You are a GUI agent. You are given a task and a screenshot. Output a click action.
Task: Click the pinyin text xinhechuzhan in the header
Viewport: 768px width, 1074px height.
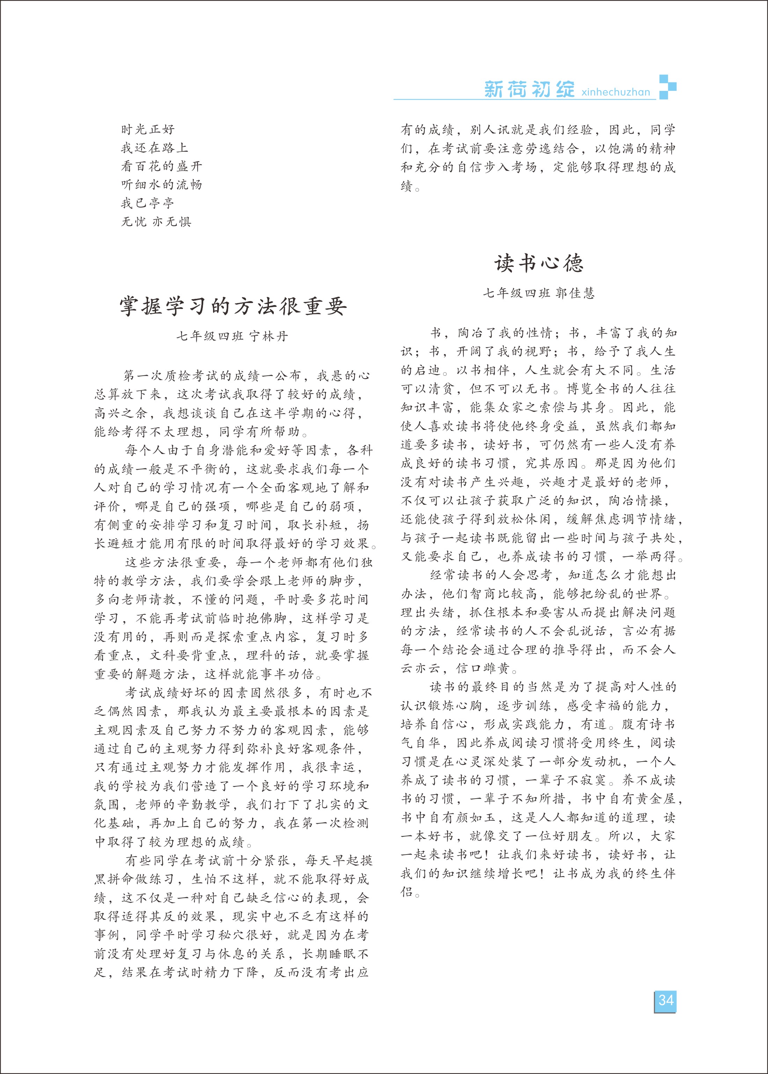click(x=615, y=92)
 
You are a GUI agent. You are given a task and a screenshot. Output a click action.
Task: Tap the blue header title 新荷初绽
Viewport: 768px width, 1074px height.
click(x=529, y=89)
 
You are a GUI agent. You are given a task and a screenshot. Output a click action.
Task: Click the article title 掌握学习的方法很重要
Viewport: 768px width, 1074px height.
click(x=233, y=306)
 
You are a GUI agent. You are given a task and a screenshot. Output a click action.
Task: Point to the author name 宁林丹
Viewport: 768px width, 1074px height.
click(x=269, y=337)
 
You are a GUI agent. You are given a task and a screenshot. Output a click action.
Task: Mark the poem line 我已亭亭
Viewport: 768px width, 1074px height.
click(x=147, y=203)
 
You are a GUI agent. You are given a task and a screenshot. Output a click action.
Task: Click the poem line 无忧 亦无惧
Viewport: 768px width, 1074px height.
click(x=156, y=222)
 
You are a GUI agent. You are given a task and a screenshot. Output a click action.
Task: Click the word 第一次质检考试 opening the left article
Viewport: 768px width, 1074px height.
click(x=171, y=376)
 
